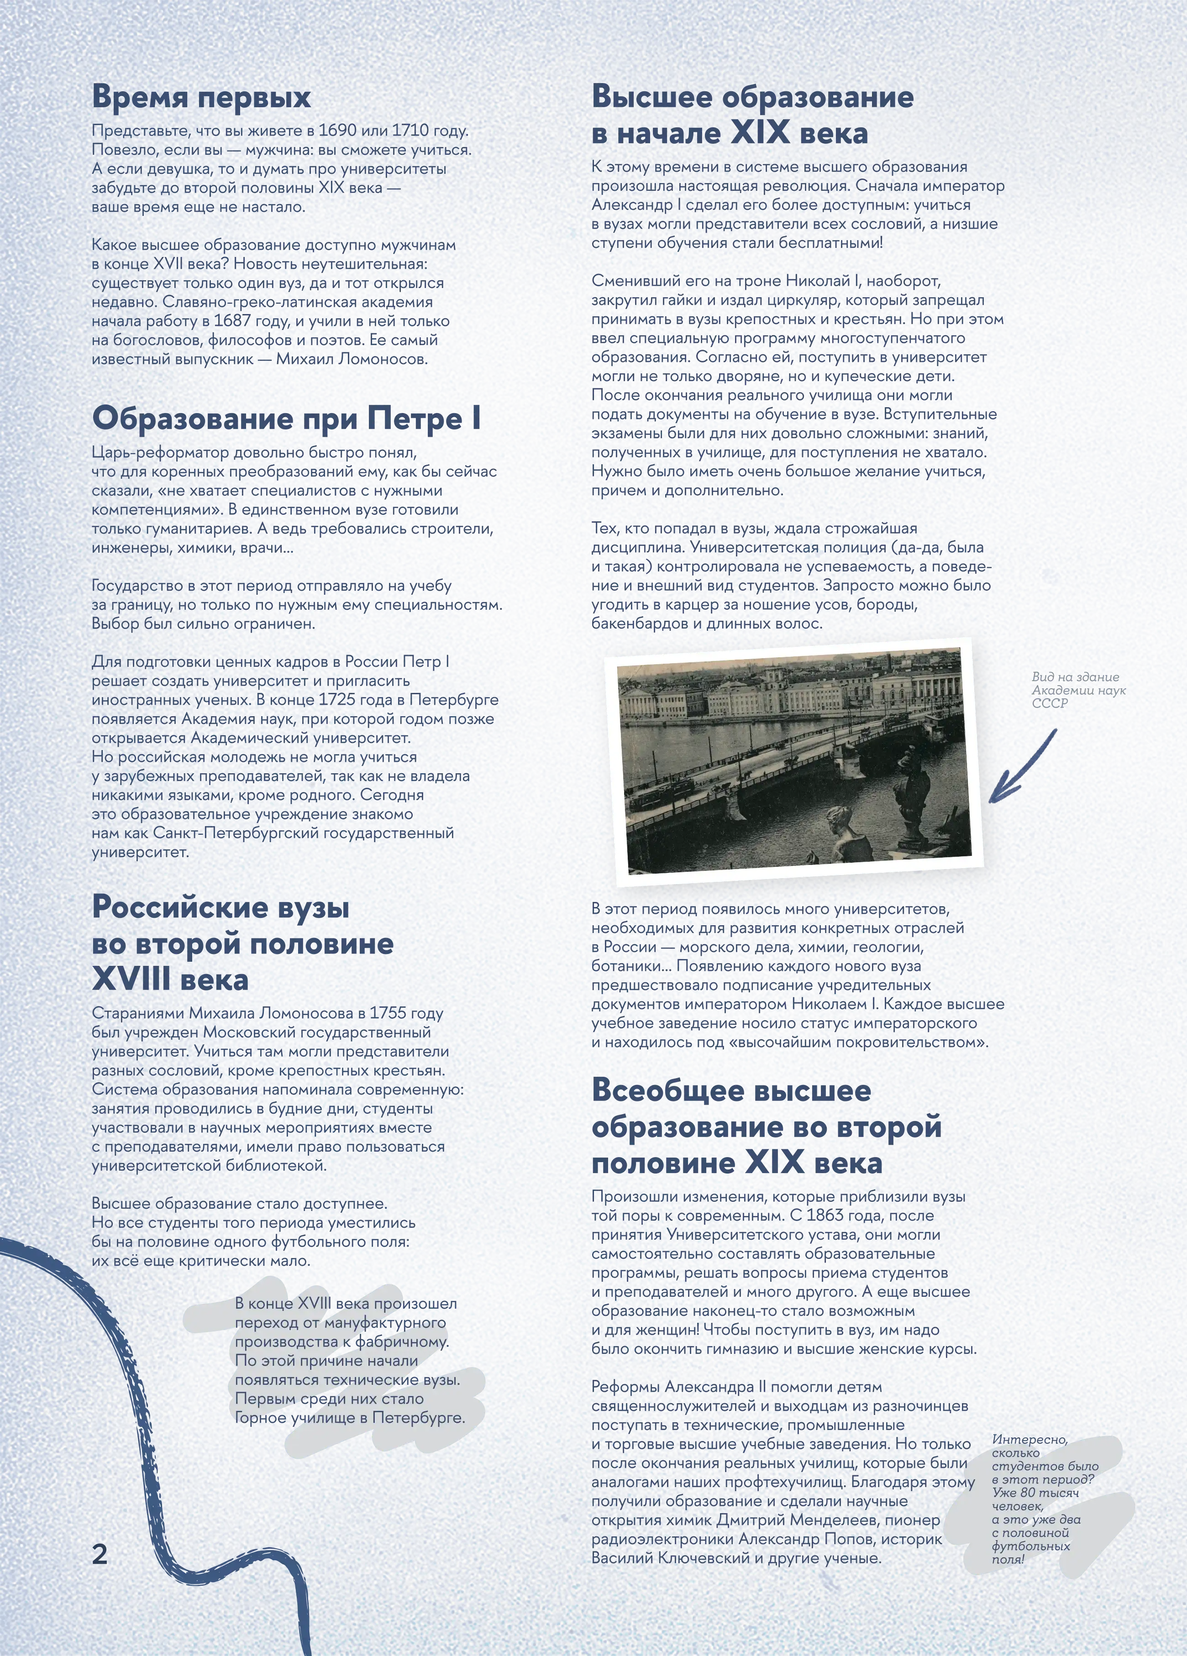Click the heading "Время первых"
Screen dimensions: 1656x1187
coord(201,97)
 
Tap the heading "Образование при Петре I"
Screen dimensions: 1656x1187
coord(286,419)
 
